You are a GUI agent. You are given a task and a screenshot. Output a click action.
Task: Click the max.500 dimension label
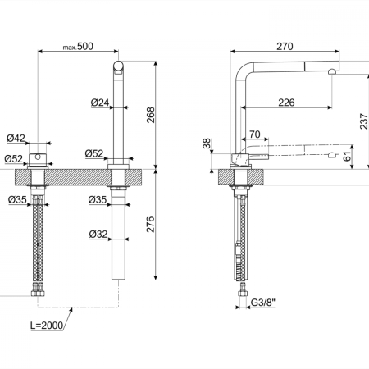click(x=78, y=47)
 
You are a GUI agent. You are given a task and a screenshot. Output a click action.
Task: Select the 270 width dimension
click(x=285, y=47)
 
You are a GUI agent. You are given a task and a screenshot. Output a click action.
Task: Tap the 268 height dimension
click(x=150, y=115)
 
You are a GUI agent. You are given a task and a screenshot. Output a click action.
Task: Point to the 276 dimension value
click(x=150, y=225)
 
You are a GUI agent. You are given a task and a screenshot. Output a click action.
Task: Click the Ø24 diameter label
click(x=100, y=102)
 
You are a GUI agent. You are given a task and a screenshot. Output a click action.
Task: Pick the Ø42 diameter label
click(x=16, y=138)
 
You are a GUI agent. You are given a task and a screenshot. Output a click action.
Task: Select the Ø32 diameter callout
click(x=98, y=235)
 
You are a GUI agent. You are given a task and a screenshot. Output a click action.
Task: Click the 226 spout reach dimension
click(x=286, y=102)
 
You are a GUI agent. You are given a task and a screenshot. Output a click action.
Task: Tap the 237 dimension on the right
click(x=364, y=121)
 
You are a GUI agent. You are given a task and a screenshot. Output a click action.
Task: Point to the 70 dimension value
click(x=255, y=134)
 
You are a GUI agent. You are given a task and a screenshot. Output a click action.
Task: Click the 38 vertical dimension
click(x=207, y=143)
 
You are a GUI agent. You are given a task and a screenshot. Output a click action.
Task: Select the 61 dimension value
click(x=347, y=157)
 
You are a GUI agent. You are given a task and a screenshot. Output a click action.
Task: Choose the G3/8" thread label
click(x=263, y=303)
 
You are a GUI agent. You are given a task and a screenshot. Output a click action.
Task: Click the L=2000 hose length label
click(x=47, y=326)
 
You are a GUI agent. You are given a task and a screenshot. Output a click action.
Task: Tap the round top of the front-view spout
click(x=118, y=66)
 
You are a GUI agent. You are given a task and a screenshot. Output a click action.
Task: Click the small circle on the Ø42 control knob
click(x=38, y=157)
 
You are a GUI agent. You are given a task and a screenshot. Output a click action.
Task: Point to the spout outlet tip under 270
click(x=332, y=72)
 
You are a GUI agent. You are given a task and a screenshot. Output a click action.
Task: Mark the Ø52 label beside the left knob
click(x=14, y=158)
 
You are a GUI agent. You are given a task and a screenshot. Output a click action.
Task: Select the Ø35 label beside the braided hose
click(x=17, y=200)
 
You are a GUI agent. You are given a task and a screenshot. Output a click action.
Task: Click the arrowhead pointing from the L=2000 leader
click(x=71, y=310)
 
